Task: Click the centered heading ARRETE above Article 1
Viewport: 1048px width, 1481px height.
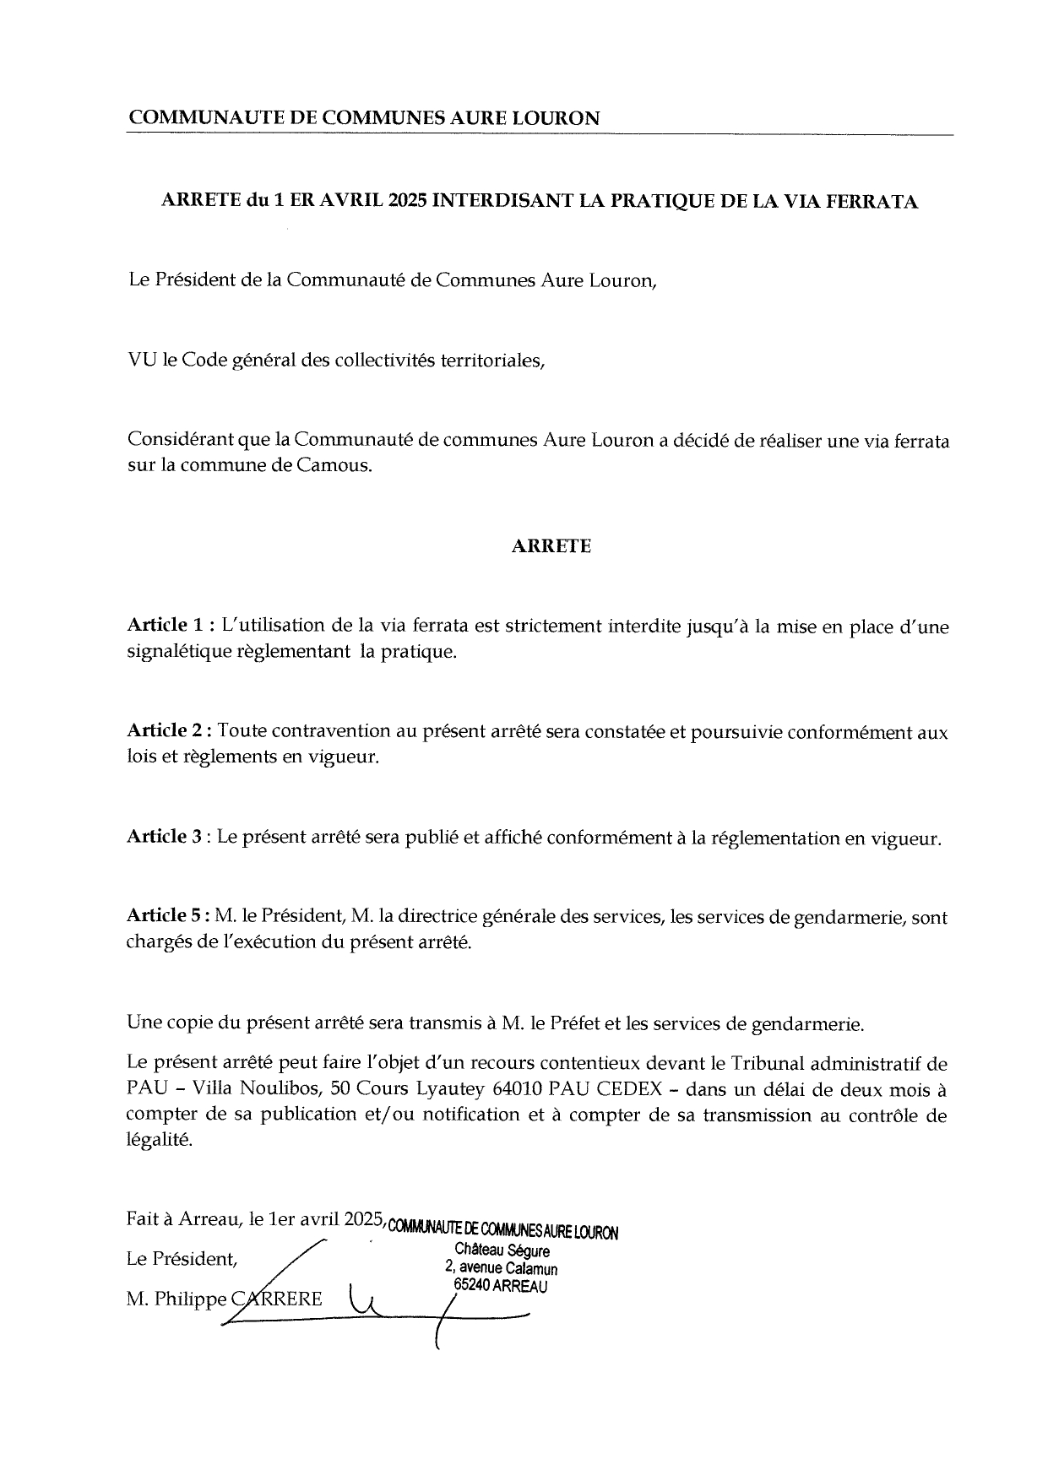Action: [551, 546]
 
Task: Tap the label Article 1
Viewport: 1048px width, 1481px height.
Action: [165, 626]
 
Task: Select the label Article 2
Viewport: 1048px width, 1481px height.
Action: [165, 731]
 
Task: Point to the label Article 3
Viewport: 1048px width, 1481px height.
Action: [165, 837]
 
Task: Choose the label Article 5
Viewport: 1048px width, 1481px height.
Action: [165, 915]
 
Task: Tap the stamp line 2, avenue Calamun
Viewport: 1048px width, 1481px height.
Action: [501, 1268]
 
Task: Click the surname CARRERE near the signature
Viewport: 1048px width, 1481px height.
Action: [277, 1299]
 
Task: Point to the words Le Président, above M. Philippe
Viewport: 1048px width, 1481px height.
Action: [182, 1260]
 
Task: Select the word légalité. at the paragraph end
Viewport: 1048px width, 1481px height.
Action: [160, 1141]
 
